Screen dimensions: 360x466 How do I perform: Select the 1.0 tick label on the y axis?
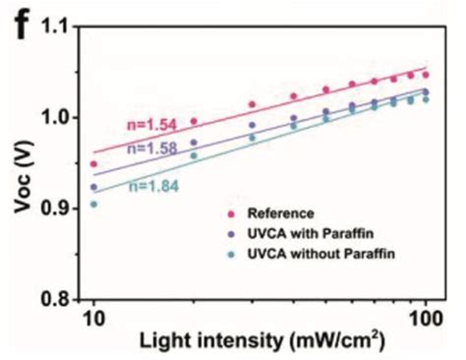point(59,118)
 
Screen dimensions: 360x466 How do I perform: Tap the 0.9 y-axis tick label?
point(59,209)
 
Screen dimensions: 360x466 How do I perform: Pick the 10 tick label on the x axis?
point(93,320)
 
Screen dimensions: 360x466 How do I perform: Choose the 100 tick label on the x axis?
point(425,320)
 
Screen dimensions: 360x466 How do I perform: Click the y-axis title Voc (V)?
point(22,163)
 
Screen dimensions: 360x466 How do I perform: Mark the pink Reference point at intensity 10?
point(94,164)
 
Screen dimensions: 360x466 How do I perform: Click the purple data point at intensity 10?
point(94,187)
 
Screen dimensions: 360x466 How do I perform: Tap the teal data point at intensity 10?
point(94,204)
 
